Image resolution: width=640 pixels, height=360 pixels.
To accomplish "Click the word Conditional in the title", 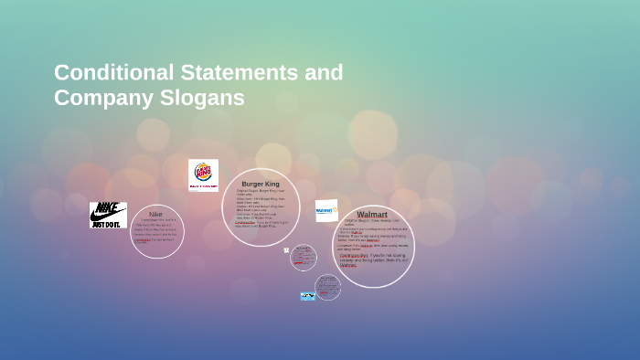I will (112, 72).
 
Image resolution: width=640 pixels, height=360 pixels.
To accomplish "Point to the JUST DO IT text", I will (108, 223).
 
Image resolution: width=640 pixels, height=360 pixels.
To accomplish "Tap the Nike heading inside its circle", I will (155, 214).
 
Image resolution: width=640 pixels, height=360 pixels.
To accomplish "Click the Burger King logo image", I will (203, 175).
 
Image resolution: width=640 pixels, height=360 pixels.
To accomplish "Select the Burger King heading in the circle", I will (261, 184).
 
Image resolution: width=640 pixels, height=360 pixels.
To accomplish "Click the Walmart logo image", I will (326, 211).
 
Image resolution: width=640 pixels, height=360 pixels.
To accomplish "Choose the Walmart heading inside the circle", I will (372, 215).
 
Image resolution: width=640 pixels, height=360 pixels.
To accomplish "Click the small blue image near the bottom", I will (307, 296).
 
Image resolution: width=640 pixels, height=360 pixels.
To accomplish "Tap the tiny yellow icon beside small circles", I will (286, 250).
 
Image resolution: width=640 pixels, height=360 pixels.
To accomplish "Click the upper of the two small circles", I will (304, 258).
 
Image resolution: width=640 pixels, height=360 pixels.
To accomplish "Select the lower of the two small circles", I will (327, 287).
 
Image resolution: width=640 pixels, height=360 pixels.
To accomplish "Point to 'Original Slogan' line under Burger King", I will (255, 192).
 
